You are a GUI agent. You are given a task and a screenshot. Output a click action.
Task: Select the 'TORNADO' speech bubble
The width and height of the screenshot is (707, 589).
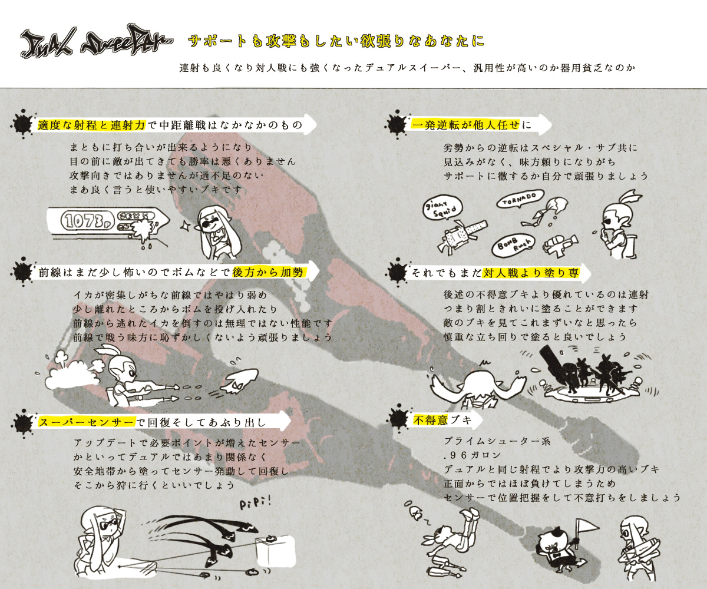520,198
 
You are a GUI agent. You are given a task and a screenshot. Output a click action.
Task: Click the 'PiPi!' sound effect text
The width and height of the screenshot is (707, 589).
256,503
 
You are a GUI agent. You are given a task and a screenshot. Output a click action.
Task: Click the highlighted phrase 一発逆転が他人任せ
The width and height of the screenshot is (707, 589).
465,125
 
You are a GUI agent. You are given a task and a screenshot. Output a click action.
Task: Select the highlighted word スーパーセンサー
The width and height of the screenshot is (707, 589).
87,422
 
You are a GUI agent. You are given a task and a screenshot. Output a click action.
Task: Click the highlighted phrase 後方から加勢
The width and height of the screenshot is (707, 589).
269,273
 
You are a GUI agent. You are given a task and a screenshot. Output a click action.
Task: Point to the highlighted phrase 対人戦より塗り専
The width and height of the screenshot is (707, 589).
531,273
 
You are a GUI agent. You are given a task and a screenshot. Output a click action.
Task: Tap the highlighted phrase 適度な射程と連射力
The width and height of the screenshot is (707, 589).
91,125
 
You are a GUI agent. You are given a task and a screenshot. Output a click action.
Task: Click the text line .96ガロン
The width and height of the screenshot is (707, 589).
473,455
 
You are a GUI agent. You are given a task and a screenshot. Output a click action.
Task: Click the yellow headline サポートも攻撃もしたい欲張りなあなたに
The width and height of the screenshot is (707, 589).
336,41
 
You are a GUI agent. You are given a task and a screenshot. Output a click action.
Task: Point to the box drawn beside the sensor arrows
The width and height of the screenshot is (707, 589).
275,549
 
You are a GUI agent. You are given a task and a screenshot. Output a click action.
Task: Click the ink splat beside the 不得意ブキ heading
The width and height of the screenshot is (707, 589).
397,420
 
